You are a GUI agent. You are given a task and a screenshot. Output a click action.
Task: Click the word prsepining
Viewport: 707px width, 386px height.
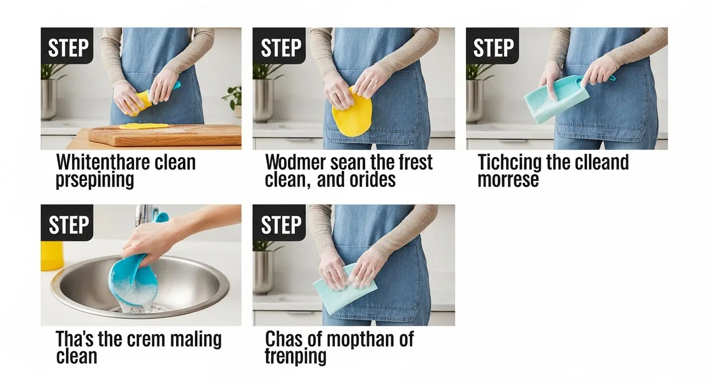pyautogui.click(x=95, y=179)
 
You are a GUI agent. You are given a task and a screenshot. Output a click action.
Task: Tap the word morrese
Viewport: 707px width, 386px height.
pyautogui.click(x=508, y=179)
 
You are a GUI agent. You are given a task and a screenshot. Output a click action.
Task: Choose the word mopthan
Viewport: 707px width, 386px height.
pyautogui.click(x=359, y=339)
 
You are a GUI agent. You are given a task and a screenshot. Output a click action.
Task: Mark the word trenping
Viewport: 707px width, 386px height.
pyautogui.click(x=296, y=357)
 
